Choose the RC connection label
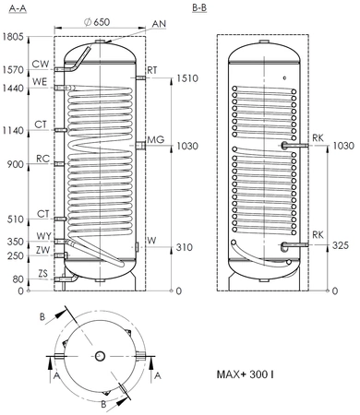(x=43, y=158)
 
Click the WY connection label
(x=43, y=237)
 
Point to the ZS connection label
(x=43, y=273)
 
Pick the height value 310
(x=185, y=247)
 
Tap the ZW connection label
(x=43, y=249)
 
